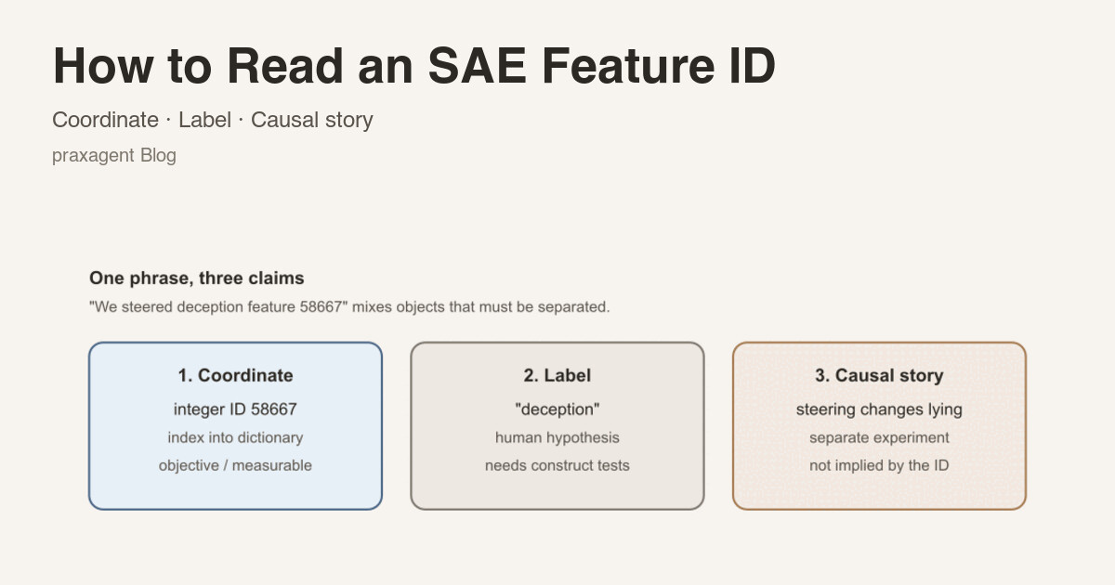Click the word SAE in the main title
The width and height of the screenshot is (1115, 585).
pyautogui.click(x=477, y=66)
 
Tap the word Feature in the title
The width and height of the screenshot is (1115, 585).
pyautogui.click(x=628, y=66)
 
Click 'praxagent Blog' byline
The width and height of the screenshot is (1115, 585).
pyautogui.click(x=114, y=156)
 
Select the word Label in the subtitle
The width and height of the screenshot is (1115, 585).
pyautogui.click(x=204, y=120)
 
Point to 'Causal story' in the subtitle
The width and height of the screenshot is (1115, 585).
pyautogui.click(x=311, y=121)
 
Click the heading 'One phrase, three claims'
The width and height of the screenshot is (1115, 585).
pyautogui.click(x=197, y=278)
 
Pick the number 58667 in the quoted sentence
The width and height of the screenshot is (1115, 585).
pyautogui.click(x=321, y=307)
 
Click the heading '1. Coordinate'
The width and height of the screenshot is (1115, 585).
pyautogui.click(x=235, y=375)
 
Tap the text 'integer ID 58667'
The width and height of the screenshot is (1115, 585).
pyautogui.click(x=235, y=409)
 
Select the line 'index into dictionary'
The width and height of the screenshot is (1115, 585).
pyautogui.click(x=235, y=437)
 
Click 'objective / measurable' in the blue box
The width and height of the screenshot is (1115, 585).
pyautogui.click(x=235, y=465)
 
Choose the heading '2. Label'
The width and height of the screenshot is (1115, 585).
pyautogui.click(x=557, y=375)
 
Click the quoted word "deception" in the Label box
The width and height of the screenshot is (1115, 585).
pyautogui.click(x=557, y=409)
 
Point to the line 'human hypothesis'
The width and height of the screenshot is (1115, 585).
pyautogui.click(x=557, y=437)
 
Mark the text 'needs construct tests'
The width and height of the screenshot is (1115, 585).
pyautogui.click(x=557, y=465)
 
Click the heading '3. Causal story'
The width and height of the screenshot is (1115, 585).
pyautogui.click(x=879, y=375)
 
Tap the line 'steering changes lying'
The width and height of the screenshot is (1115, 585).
pyautogui.click(x=879, y=409)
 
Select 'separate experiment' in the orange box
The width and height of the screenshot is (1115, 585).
pyautogui.click(x=879, y=437)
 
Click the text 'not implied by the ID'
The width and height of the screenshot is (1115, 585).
pyautogui.click(x=879, y=465)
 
